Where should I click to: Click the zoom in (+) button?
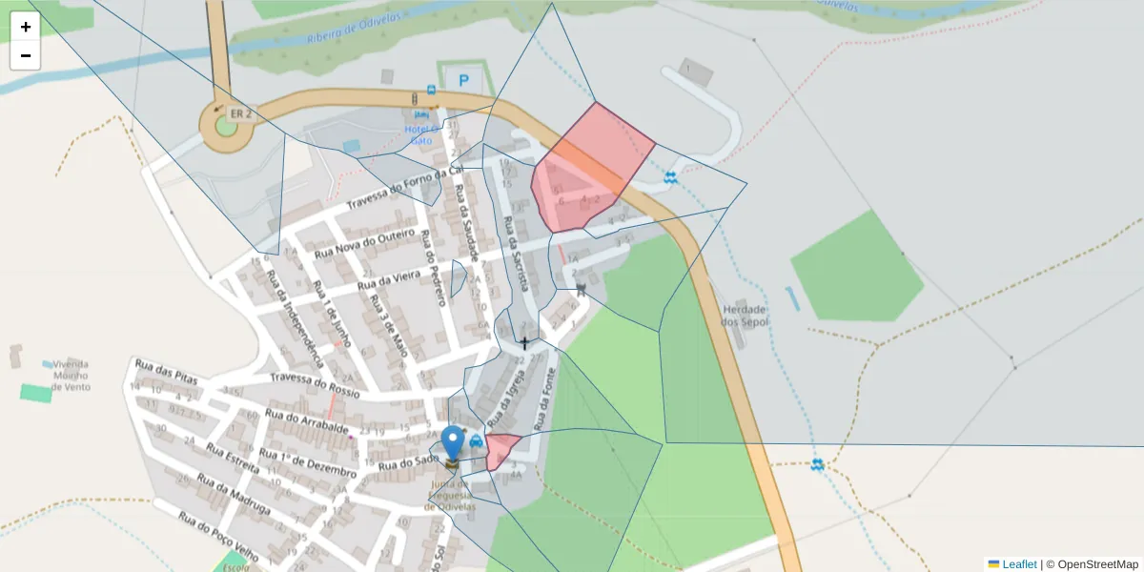(x=26, y=27)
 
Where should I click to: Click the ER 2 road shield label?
(x=240, y=113)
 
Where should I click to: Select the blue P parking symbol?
(x=464, y=81)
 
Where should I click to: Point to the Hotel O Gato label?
(x=420, y=134)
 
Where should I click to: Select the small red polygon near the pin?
(x=500, y=449)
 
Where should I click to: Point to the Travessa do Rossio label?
(x=315, y=384)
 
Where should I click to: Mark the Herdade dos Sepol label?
(x=745, y=316)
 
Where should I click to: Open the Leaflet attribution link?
(x=1018, y=564)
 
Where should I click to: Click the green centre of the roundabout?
(x=226, y=125)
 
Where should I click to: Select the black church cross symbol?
(x=523, y=342)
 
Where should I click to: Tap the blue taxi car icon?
(x=476, y=440)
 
